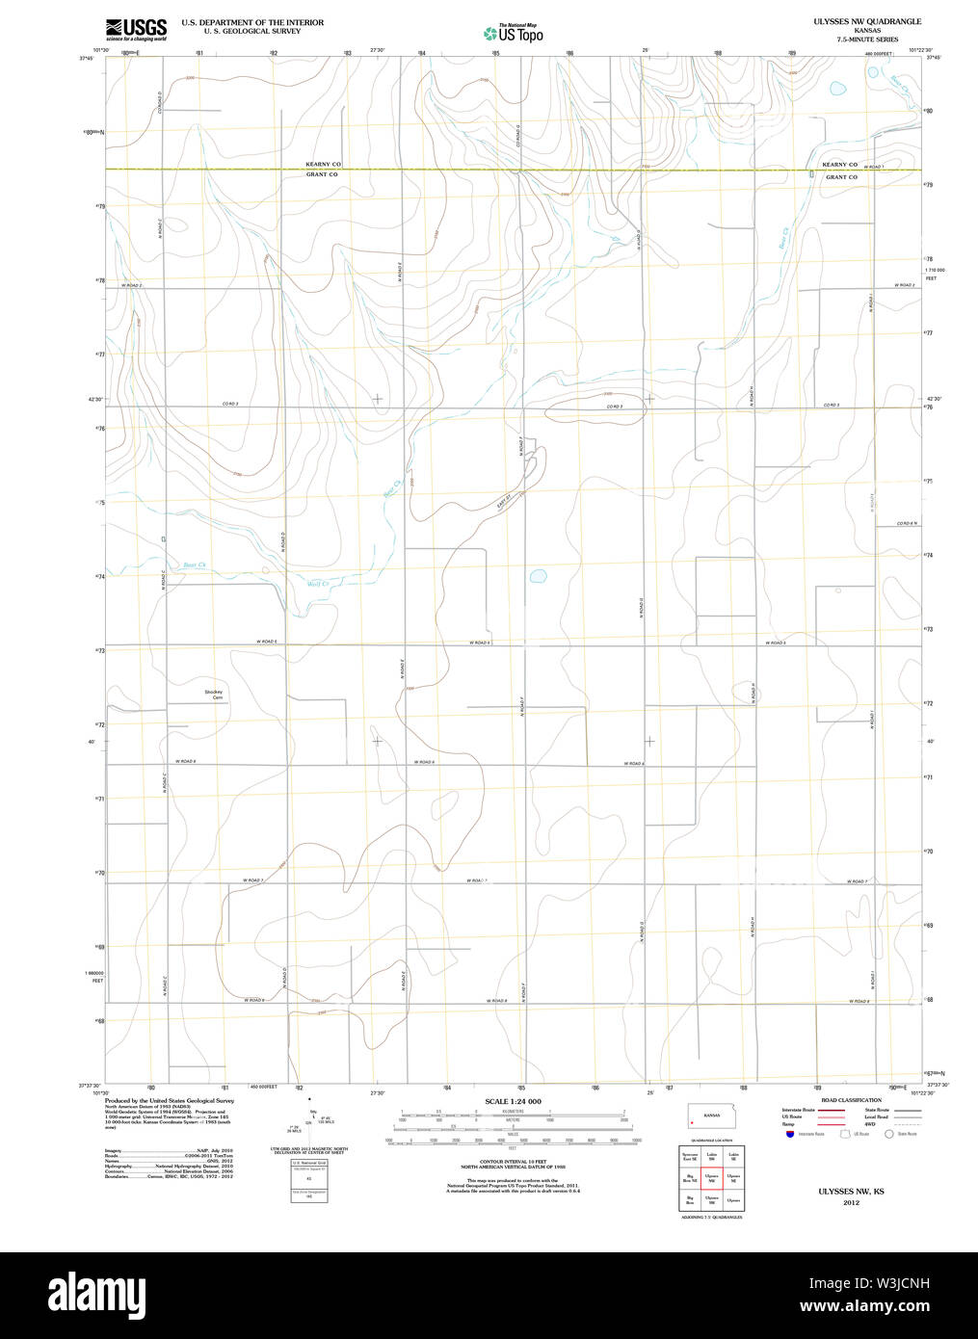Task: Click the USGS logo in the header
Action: (136, 28)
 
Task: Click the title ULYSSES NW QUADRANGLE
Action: (866, 21)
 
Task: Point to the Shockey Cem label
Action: (214, 695)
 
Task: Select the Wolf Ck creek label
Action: (318, 584)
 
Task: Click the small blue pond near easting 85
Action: (538, 577)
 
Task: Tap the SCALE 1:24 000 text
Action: (513, 1101)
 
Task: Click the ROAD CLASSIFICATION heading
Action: (851, 1100)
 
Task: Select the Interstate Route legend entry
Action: (798, 1110)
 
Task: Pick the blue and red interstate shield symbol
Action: (790, 1134)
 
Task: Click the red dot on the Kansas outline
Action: (692, 1122)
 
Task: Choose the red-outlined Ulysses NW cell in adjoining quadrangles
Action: (712, 1178)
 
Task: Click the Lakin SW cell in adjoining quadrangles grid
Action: (712, 1155)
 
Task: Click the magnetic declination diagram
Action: (309, 1119)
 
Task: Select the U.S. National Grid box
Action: (309, 1179)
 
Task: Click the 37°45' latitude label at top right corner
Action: (931, 57)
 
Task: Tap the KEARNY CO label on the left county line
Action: (323, 165)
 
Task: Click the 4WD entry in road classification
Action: (871, 1124)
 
